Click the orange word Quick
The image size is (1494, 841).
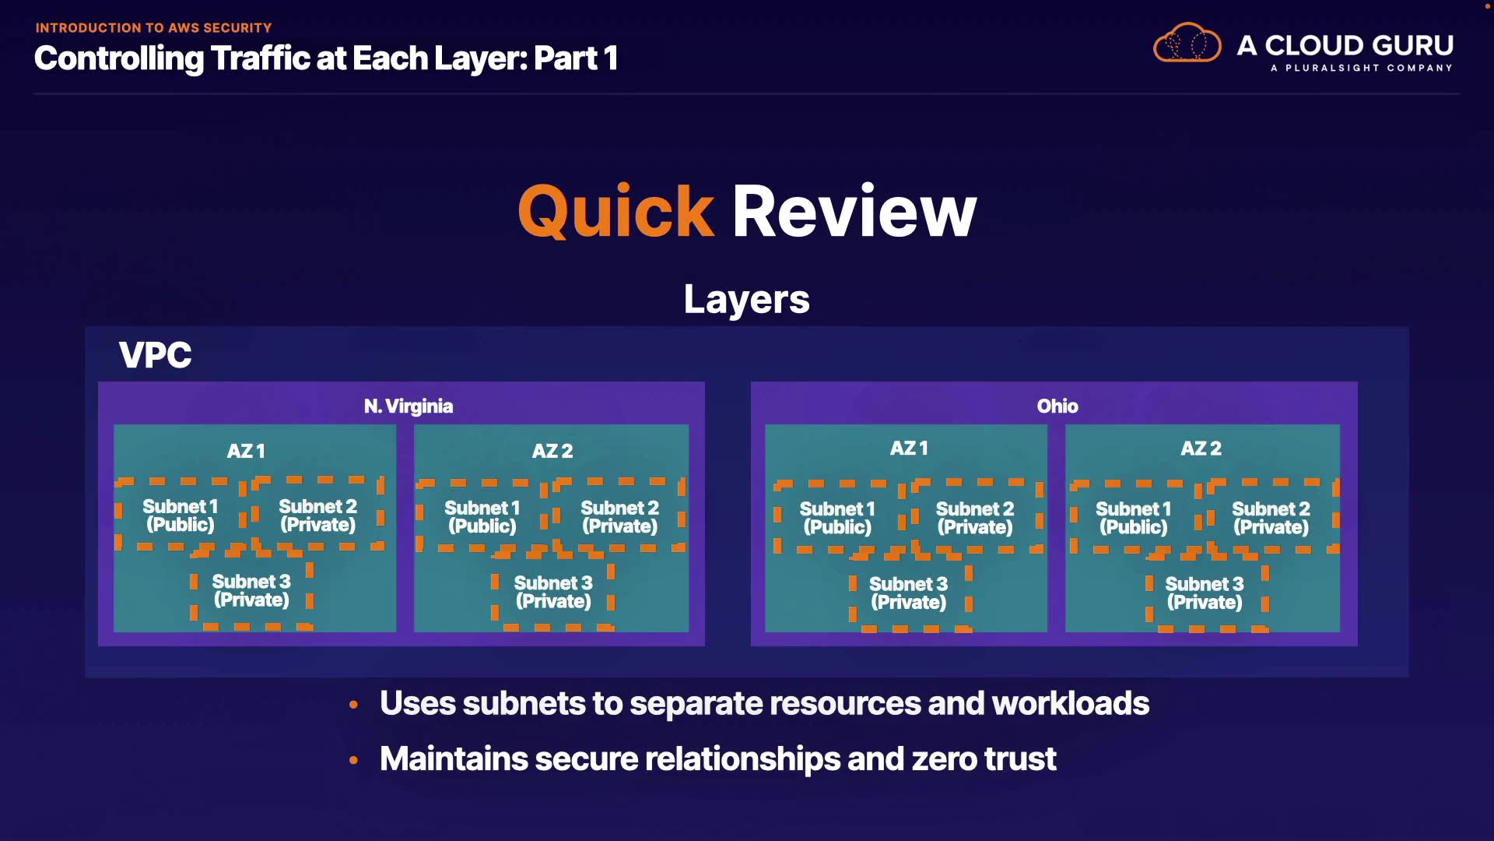click(615, 212)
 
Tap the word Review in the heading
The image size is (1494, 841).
click(854, 212)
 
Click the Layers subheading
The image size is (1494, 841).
click(746, 299)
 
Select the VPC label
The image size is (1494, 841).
click(155, 355)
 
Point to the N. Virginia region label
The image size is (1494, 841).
click(408, 406)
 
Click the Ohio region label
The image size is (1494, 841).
click(1057, 406)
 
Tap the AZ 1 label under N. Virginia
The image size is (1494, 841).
click(246, 451)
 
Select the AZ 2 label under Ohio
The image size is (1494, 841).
click(1201, 449)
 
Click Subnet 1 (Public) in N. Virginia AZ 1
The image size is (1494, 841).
click(180, 516)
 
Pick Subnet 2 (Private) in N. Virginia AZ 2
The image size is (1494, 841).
click(619, 517)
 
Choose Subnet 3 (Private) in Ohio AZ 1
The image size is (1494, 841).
click(908, 593)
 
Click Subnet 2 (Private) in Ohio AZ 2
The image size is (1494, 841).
click(1271, 518)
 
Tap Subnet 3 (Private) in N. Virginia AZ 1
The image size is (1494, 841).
click(251, 591)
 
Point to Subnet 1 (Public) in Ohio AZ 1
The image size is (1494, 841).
click(837, 518)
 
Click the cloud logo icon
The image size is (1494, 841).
click(1187, 44)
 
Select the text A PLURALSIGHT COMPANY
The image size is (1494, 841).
click(1361, 68)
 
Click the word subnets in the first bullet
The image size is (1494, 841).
click(523, 703)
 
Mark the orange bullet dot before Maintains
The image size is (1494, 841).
click(354, 759)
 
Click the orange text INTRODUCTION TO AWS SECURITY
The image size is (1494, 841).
click(153, 28)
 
